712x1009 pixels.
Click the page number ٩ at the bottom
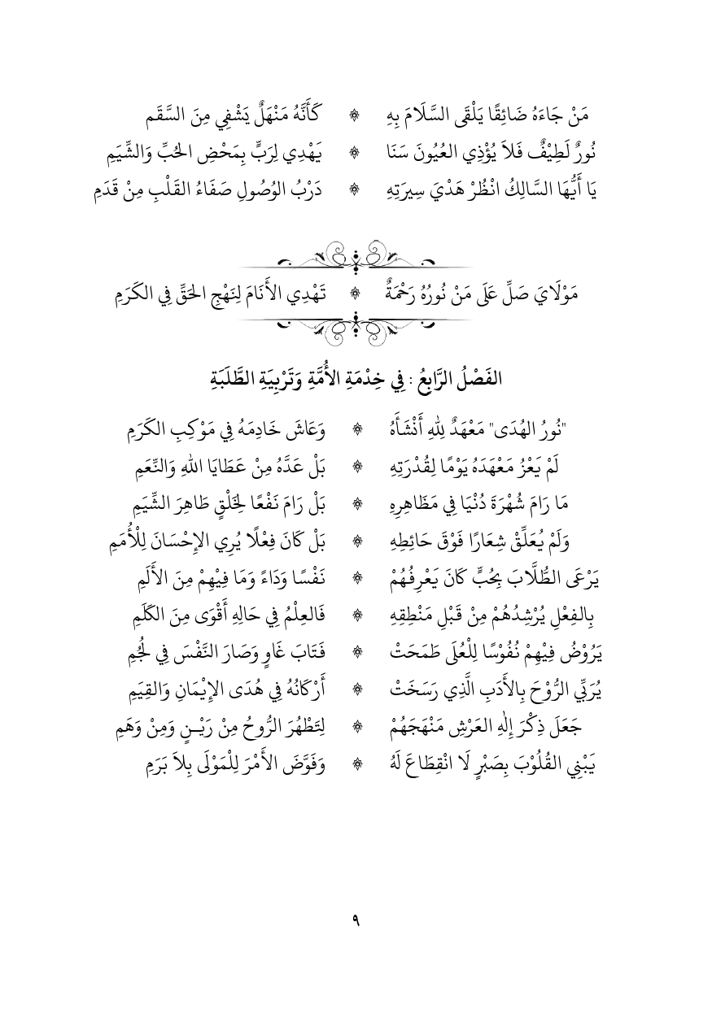click(x=356, y=919)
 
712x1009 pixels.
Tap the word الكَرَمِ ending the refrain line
click(x=141, y=291)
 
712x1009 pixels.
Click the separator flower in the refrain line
click(x=356, y=291)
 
